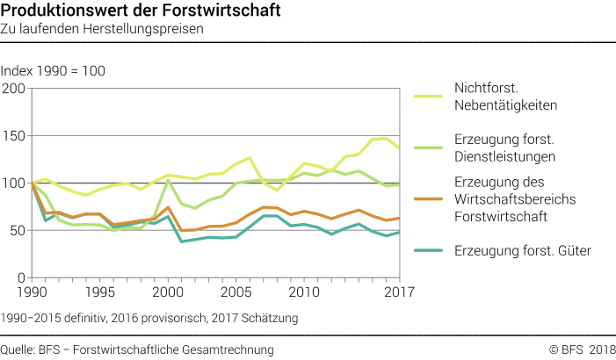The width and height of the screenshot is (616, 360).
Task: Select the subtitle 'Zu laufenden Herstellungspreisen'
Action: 102,29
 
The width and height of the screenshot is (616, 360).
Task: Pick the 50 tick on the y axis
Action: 17,231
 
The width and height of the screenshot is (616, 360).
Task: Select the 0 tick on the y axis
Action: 21,278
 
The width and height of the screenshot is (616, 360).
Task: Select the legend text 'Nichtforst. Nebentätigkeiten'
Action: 506,97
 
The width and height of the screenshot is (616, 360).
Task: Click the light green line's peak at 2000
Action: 167,180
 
